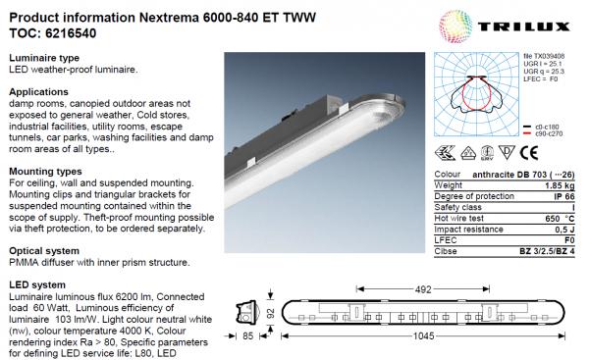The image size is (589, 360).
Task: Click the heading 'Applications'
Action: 38,91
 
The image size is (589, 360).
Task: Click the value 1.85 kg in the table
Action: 562,183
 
